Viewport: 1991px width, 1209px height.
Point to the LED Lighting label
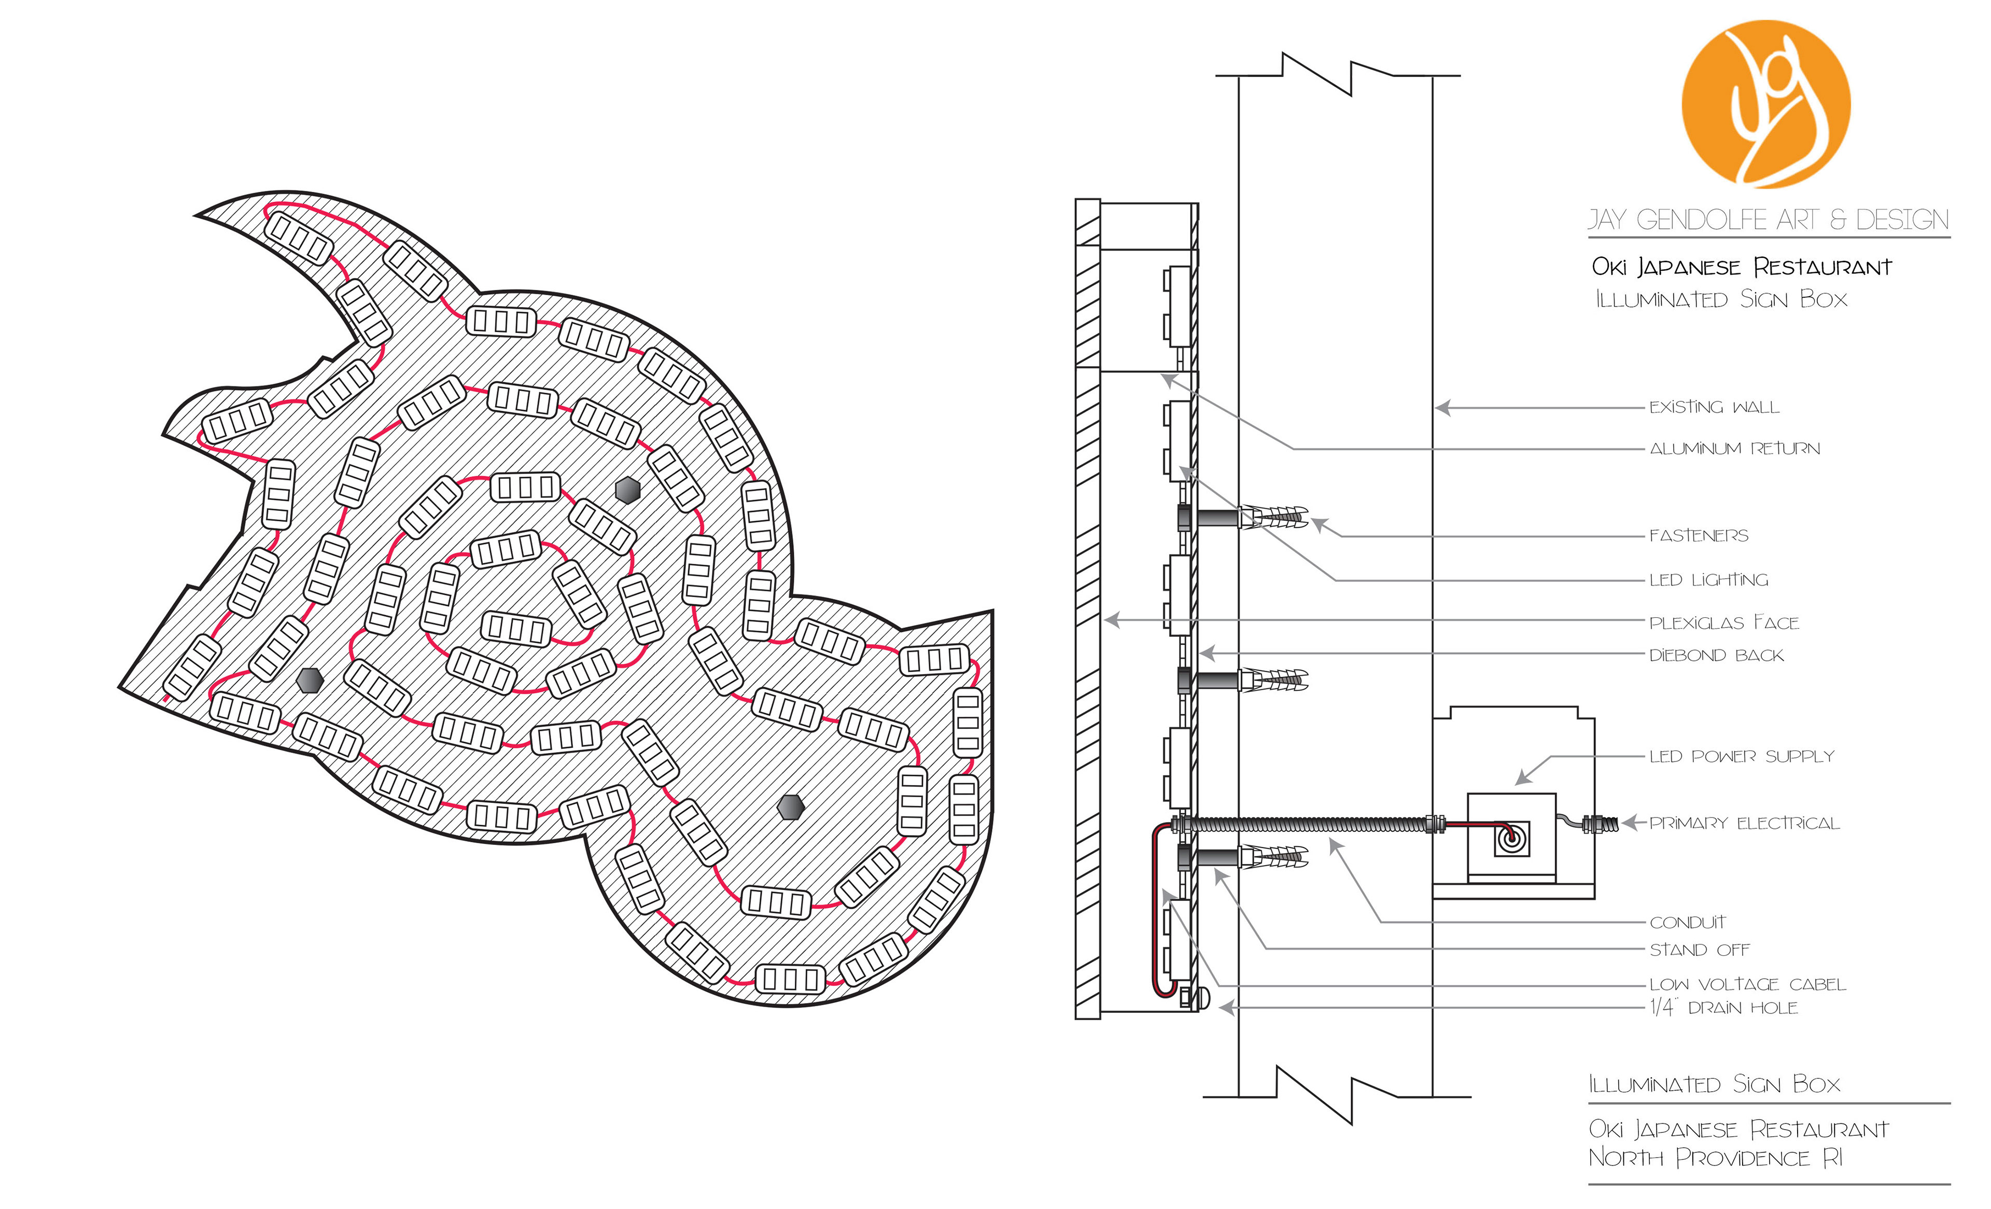pyautogui.click(x=1708, y=579)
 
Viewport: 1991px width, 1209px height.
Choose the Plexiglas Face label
pyautogui.click(x=1724, y=622)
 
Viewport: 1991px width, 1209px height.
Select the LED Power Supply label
pyautogui.click(x=1742, y=756)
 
